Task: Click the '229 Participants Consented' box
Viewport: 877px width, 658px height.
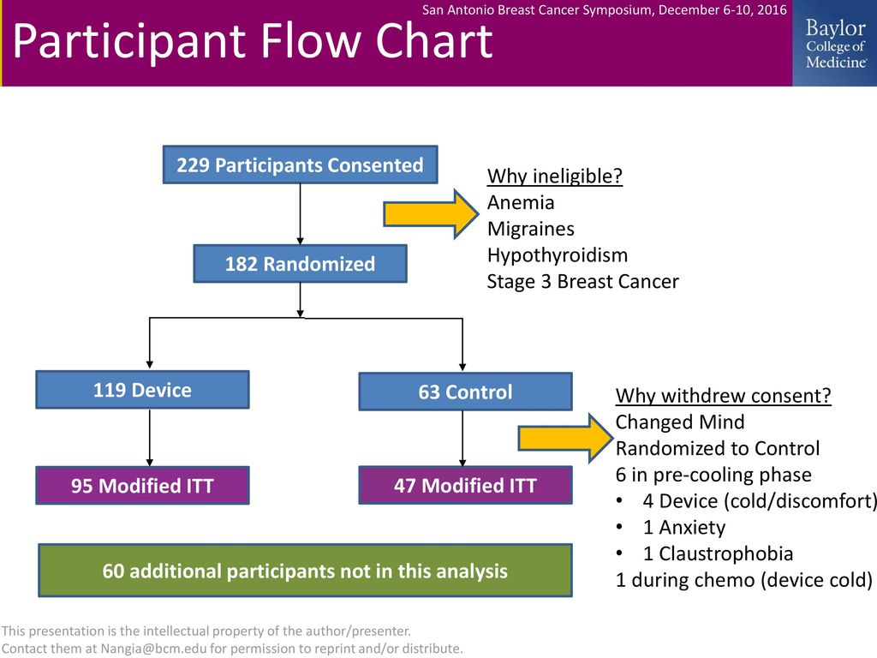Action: pos(300,164)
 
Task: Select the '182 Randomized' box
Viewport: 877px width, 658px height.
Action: pos(300,264)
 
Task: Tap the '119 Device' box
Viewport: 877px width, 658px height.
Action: pos(143,390)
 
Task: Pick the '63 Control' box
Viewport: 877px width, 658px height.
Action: pos(465,392)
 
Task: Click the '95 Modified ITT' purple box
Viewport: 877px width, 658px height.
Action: pos(143,485)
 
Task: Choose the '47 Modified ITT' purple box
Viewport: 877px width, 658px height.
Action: pos(465,485)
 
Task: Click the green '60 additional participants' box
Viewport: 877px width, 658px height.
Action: pos(306,570)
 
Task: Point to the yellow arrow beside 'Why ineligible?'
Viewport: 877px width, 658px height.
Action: pos(431,214)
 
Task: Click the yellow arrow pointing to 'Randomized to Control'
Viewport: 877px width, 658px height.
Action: pos(565,438)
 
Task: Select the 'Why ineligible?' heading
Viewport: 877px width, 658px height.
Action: pos(555,176)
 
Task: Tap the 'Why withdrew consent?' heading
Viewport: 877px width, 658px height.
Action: pos(723,396)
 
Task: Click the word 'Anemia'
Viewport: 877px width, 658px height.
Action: pos(521,202)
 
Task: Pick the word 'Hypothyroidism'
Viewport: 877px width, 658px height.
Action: pos(558,255)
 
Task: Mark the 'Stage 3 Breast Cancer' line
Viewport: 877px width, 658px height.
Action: pos(582,281)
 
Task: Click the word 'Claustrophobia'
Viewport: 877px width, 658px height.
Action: pos(726,554)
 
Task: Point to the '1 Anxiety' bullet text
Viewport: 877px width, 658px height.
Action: pos(684,527)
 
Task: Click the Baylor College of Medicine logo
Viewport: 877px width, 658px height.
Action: pos(835,43)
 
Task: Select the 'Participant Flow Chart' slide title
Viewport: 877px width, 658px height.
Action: pos(253,41)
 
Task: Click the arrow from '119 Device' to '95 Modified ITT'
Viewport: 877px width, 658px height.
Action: pos(149,438)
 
